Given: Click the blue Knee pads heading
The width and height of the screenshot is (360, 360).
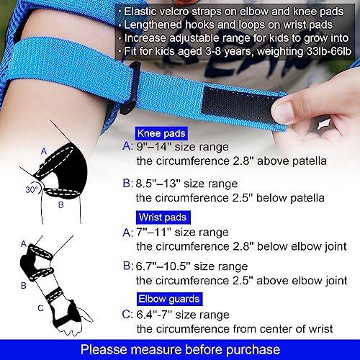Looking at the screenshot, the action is pyautogui.click(x=161, y=133).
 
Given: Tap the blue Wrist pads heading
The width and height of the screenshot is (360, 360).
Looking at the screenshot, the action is pyautogui.click(x=163, y=217).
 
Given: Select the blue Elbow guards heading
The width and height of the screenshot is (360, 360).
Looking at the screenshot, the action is pyautogui.click(x=169, y=299).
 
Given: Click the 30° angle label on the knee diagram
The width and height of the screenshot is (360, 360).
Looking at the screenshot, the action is pyautogui.click(x=32, y=189).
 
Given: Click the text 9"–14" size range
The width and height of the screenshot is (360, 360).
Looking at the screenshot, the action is pyautogui.click(x=182, y=147).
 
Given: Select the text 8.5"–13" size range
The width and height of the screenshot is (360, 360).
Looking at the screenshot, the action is pyautogui.click(x=186, y=184).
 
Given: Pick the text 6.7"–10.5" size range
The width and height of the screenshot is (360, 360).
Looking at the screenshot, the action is pyautogui.click(x=192, y=266).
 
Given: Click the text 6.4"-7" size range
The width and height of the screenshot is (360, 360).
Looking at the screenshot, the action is pyautogui.click(x=183, y=315).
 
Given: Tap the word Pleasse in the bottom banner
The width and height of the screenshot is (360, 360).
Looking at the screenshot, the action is pyautogui.click(x=104, y=349).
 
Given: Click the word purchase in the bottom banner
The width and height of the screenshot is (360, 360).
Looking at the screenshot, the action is pyautogui.click(x=253, y=350).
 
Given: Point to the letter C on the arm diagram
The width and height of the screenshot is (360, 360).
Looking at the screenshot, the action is pyautogui.click(x=40, y=308).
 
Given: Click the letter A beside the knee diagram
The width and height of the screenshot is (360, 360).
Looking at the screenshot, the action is pyautogui.click(x=44, y=151).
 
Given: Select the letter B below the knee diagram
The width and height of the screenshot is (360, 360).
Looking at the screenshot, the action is pyautogui.click(x=61, y=204).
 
